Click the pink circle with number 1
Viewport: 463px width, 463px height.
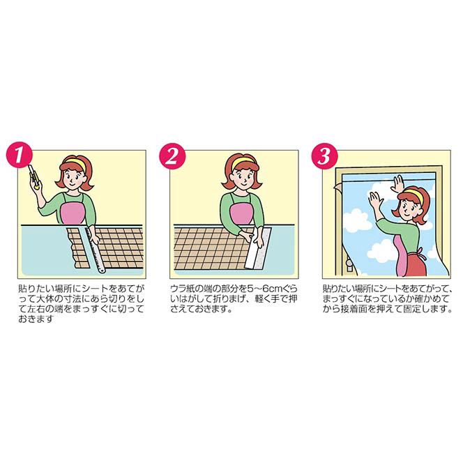[20, 155]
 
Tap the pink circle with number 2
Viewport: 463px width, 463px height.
[172, 155]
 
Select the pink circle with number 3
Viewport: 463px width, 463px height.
[325, 155]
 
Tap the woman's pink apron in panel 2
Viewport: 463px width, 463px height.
[242, 213]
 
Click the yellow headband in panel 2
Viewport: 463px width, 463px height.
[243, 162]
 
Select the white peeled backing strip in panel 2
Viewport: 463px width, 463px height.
[259, 248]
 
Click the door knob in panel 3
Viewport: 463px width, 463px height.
[349, 264]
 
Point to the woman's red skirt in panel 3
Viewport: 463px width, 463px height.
[416, 263]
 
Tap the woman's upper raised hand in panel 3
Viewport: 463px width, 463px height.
[397, 184]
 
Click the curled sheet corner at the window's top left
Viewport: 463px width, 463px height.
[337, 186]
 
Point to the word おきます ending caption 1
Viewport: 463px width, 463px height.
[36, 319]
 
